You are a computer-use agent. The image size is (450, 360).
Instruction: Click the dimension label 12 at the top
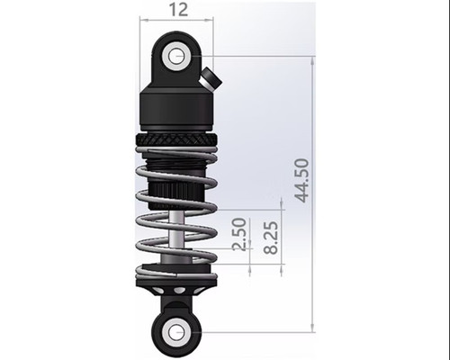[x=177, y=10]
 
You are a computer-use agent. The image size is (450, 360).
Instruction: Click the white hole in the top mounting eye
[x=176, y=56]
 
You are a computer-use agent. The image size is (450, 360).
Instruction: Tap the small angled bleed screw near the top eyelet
[x=211, y=77]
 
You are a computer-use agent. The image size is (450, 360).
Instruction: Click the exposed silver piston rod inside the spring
[x=177, y=238]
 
